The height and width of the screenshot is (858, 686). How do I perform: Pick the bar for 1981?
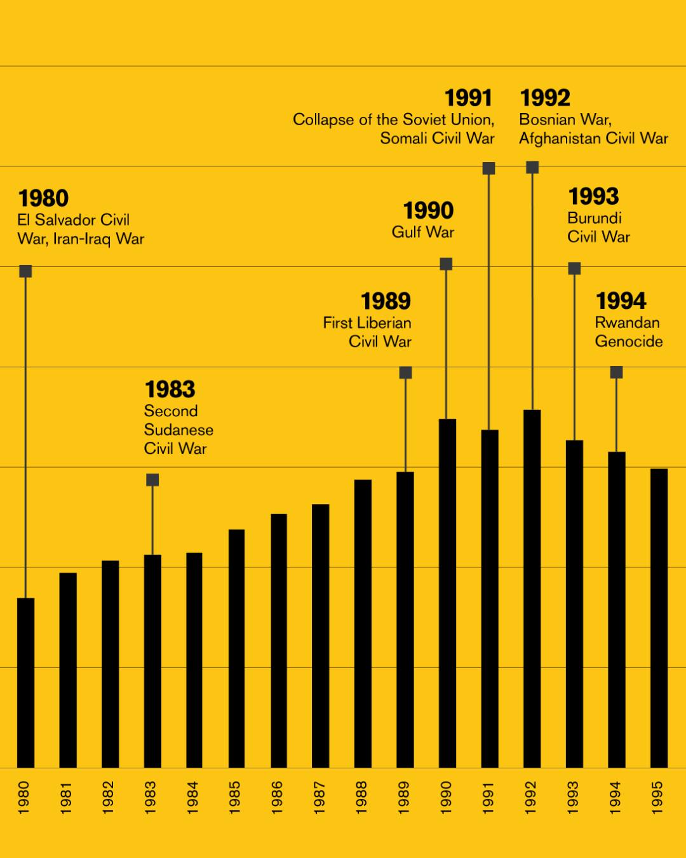pyautogui.click(x=68, y=670)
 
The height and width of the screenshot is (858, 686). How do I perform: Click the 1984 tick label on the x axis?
pyautogui.click(x=192, y=797)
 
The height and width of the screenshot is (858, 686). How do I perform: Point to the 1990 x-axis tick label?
pyautogui.click(x=446, y=797)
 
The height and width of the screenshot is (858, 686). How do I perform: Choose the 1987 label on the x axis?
pyautogui.click(x=319, y=797)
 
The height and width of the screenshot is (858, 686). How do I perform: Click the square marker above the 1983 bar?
pyautogui.click(x=152, y=480)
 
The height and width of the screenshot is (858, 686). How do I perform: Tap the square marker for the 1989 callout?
pyautogui.click(x=405, y=372)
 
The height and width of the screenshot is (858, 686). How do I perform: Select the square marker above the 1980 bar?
pyautogui.click(x=25, y=271)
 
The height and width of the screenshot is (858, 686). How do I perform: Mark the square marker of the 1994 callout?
pyautogui.click(x=616, y=372)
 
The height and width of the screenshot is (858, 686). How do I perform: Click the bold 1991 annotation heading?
pyautogui.click(x=468, y=99)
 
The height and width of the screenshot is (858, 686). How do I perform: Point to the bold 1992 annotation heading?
pyautogui.click(x=545, y=99)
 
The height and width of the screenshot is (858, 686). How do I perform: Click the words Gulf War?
pyautogui.click(x=423, y=232)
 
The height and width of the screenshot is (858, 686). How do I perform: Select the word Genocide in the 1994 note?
pyautogui.click(x=629, y=341)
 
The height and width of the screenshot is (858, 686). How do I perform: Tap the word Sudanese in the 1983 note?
pyautogui.click(x=178, y=430)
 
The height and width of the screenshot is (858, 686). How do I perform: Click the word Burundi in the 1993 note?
pyautogui.click(x=595, y=218)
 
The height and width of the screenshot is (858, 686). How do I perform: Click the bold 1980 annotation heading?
pyautogui.click(x=43, y=198)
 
